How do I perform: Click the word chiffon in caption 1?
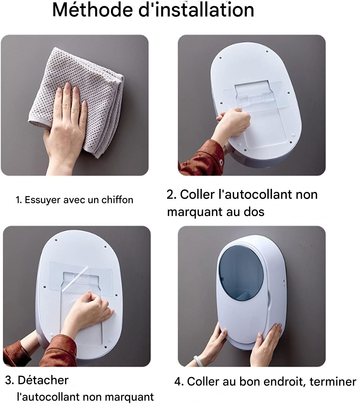tap(117, 200)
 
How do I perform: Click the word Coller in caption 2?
tap(197, 194)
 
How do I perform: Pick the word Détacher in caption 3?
tap(43, 380)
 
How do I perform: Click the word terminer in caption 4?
tap(333, 381)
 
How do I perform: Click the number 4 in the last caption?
tap(178, 381)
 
